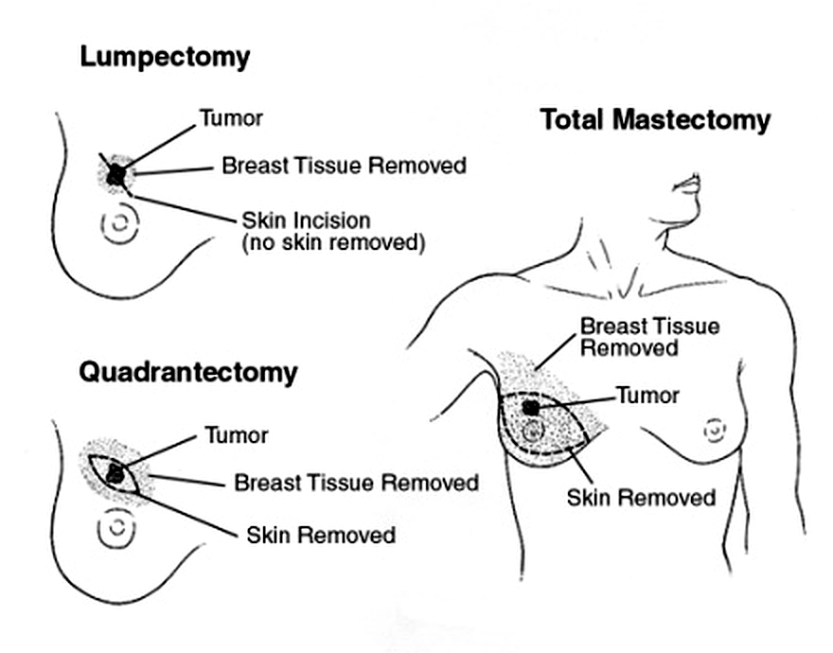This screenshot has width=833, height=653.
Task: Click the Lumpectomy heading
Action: [165, 57]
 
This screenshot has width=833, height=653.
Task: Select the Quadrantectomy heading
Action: [187, 372]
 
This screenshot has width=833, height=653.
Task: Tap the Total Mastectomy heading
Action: [655, 120]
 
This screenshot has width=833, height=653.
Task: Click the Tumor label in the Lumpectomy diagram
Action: [230, 118]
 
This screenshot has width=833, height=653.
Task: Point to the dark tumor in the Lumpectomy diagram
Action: [115, 174]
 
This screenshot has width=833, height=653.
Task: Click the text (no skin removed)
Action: [333, 243]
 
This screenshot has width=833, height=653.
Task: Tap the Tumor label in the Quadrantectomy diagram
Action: [237, 435]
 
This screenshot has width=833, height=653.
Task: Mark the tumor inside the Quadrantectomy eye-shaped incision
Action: [115, 472]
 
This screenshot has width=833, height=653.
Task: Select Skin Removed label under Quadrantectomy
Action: [320, 535]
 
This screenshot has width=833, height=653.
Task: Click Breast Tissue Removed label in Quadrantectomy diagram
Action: [356, 483]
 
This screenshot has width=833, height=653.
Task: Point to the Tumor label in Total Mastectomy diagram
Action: [647, 394]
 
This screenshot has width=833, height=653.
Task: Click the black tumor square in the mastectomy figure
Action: [531, 406]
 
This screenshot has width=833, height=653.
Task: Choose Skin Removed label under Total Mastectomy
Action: [641, 496]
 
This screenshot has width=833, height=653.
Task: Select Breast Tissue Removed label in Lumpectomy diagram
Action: [344, 166]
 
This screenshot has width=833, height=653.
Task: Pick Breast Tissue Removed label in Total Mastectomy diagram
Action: [649, 337]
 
